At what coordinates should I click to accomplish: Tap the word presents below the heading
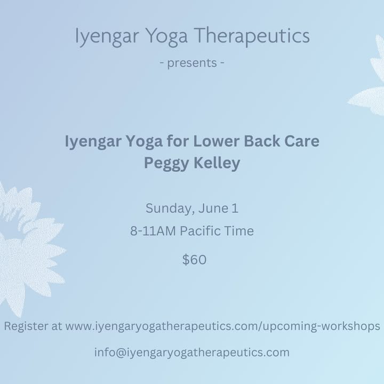click(x=192, y=63)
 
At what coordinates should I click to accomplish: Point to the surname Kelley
click(x=217, y=163)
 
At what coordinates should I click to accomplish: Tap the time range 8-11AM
click(x=153, y=231)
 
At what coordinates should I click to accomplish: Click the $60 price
click(x=195, y=260)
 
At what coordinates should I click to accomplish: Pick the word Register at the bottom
click(x=26, y=327)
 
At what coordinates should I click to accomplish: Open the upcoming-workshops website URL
click(x=222, y=327)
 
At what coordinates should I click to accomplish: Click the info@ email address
click(x=192, y=353)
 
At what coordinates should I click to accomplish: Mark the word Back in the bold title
click(x=262, y=141)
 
